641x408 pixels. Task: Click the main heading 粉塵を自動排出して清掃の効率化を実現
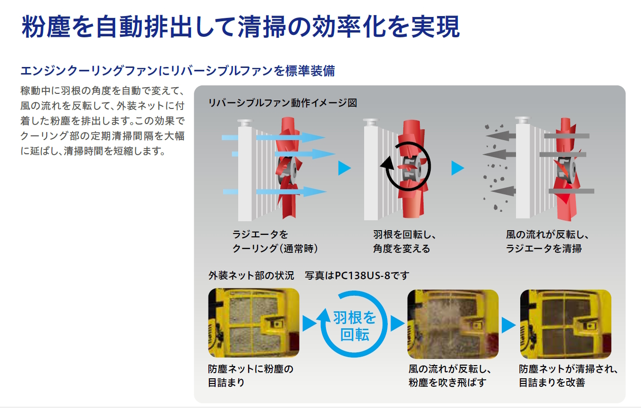(x=241, y=26)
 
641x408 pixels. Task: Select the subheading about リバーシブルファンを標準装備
(x=177, y=71)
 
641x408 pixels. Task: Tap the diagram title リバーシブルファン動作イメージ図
(x=283, y=103)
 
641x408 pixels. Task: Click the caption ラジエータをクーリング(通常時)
(x=275, y=241)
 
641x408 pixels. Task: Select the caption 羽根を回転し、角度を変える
(x=405, y=241)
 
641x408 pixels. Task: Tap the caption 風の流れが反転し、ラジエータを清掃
(x=548, y=241)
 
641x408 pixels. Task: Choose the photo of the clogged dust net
(x=254, y=323)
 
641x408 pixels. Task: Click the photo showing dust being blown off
(x=453, y=324)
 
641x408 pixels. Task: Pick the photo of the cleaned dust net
(x=566, y=324)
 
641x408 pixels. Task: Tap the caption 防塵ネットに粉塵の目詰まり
(x=250, y=375)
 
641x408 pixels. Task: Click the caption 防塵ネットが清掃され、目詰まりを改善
(x=568, y=375)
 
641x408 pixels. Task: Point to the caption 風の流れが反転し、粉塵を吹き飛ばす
(x=450, y=375)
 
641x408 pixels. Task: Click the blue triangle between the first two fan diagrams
(x=344, y=168)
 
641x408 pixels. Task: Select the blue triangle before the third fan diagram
(x=458, y=168)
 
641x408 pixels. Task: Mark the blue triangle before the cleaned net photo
(x=508, y=325)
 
